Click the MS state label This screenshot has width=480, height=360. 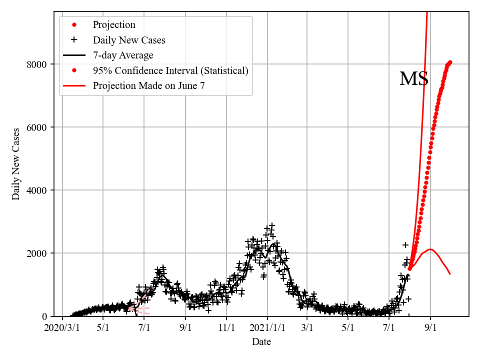(x=413, y=79)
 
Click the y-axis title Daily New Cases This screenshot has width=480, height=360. (x=16, y=164)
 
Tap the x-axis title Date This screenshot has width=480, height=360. (x=261, y=342)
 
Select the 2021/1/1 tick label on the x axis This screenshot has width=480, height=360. (x=267, y=328)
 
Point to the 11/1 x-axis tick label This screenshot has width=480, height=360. (x=226, y=328)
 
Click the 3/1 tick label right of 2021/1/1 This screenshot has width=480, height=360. (x=307, y=328)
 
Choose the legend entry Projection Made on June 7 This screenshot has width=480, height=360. (x=148, y=86)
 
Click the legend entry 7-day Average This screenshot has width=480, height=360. (x=123, y=55)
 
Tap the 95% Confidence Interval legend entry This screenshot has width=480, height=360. (x=170, y=70)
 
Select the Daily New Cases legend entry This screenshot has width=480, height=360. (x=129, y=40)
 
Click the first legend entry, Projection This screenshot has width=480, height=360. (x=114, y=24)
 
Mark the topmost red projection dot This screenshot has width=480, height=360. (x=450, y=62)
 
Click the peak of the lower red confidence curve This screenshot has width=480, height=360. (x=430, y=249)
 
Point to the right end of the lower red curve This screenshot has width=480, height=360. (x=450, y=273)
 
